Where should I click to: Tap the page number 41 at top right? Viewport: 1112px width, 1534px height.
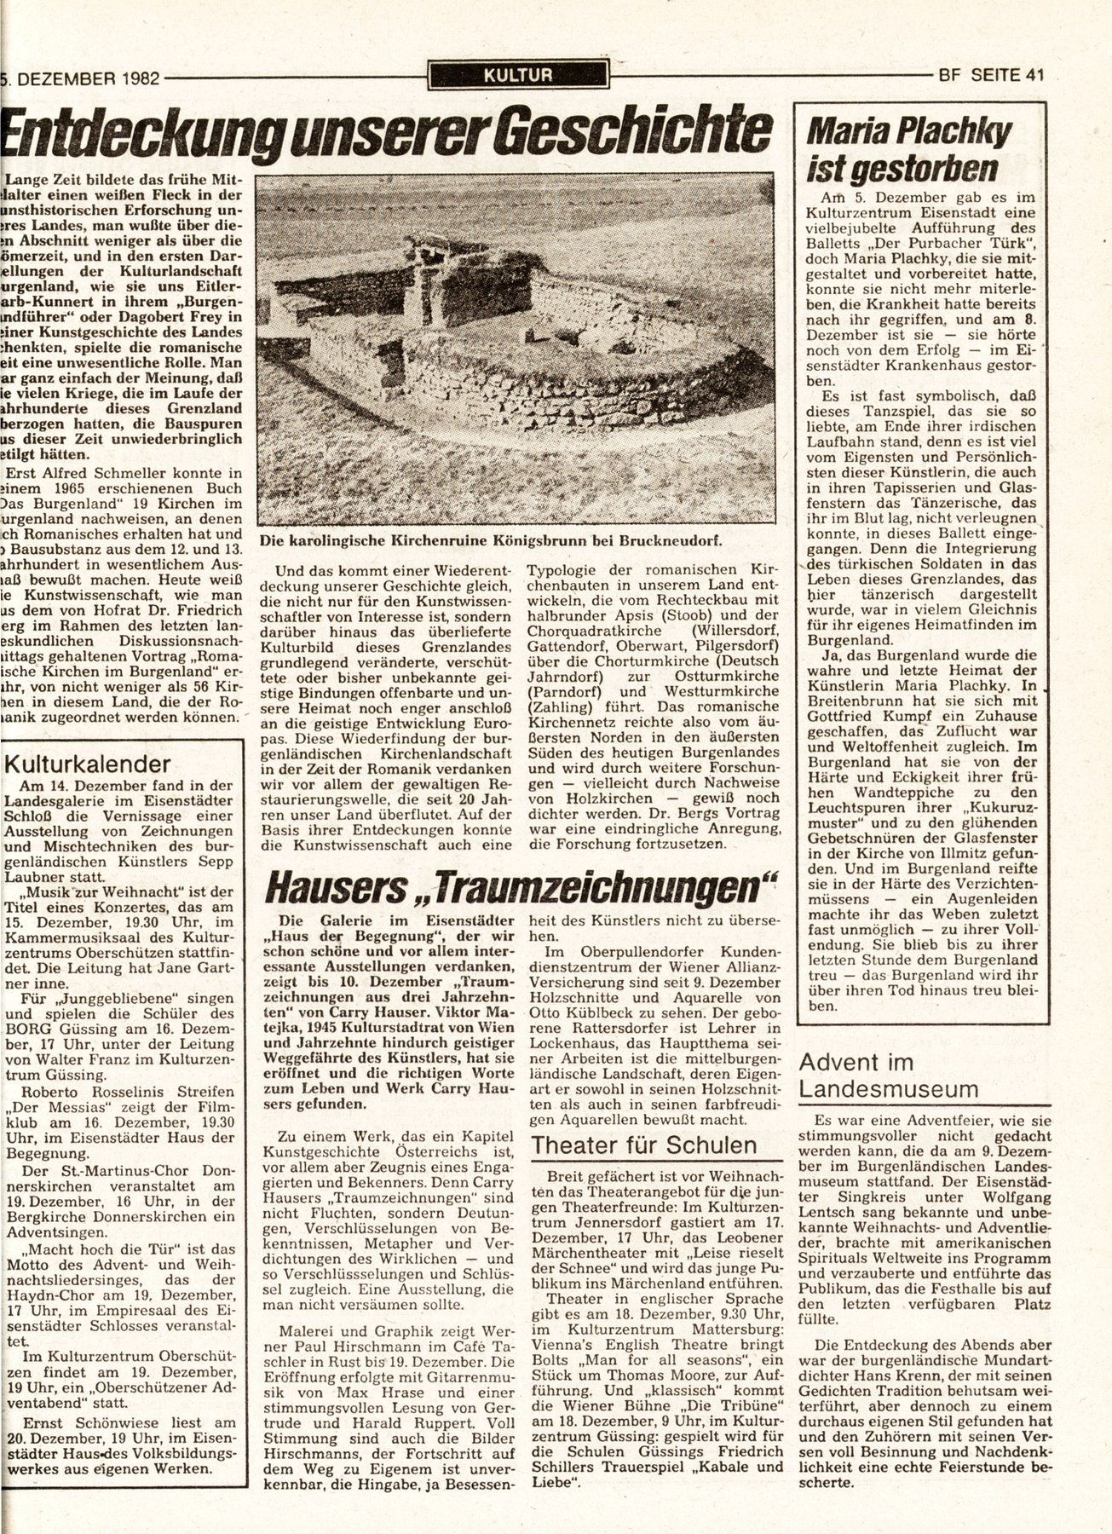coord(1034,75)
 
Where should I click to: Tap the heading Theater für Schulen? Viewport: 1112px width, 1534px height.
coord(643,1145)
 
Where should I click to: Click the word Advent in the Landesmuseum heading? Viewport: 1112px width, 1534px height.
coord(844,1062)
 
